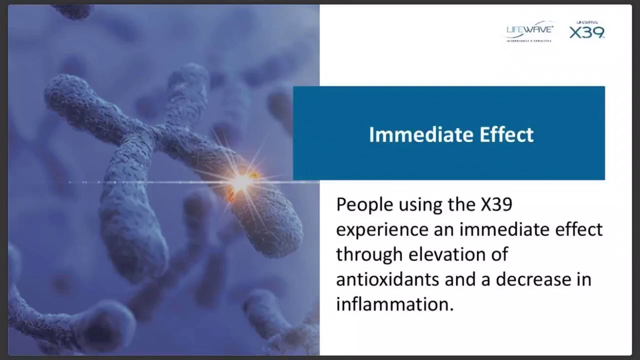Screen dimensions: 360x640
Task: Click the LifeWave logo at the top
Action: click(529, 31)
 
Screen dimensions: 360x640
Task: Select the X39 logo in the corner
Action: click(586, 31)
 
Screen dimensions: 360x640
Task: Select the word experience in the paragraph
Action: click(382, 229)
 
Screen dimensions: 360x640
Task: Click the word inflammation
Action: click(394, 304)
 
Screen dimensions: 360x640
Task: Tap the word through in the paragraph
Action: click(369, 254)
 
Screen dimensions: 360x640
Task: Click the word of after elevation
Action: click(500, 254)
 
